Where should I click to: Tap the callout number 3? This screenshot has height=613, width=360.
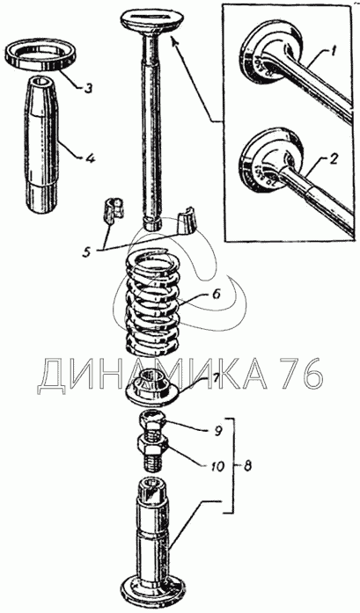(x=88, y=88)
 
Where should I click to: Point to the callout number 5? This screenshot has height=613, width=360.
(x=87, y=251)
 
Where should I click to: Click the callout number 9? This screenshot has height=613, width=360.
(x=217, y=431)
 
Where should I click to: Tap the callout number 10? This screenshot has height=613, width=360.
(x=216, y=465)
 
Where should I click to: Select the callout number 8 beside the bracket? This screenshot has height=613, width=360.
(x=246, y=465)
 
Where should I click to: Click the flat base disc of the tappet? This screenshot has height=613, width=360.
(x=152, y=591)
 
